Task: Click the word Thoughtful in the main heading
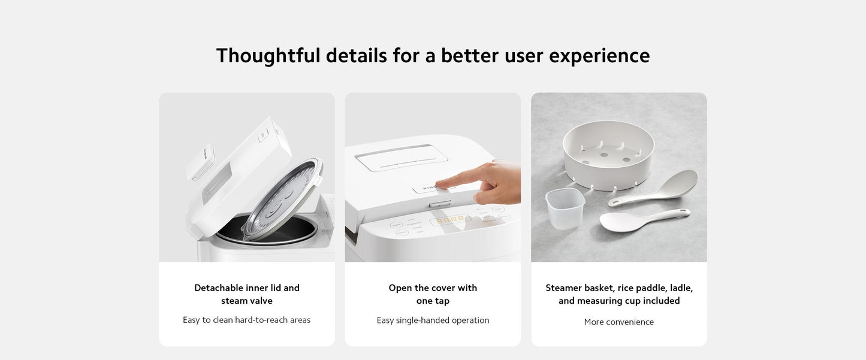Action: (x=268, y=56)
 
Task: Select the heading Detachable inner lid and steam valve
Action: (x=247, y=294)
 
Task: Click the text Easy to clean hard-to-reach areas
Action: (x=247, y=320)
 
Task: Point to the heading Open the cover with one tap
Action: (x=433, y=294)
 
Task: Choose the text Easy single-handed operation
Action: (x=433, y=320)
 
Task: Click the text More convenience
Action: (x=619, y=322)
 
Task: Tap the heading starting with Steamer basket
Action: (x=619, y=294)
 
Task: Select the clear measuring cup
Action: (x=565, y=208)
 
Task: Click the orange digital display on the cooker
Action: (x=450, y=220)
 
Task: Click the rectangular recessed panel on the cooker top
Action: (x=402, y=158)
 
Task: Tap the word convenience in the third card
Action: (x=630, y=322)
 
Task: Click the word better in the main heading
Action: (x=469, y=56)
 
